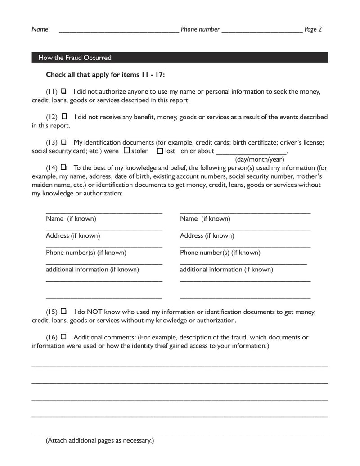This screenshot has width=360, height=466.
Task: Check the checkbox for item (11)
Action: (x=63, y=91)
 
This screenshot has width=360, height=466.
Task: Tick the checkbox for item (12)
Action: (x=64, y=117)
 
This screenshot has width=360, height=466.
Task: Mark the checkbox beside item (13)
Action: (x=63, y=142)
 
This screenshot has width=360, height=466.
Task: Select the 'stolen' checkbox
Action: (x=126, y=150)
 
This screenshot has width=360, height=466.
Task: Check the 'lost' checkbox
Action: (x=160, y=150)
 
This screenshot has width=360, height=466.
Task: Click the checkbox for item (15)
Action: (x=63, y=311)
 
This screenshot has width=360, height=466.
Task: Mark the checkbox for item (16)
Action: (x=63, y=336)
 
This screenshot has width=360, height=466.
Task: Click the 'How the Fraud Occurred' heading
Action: (x=75, y=58)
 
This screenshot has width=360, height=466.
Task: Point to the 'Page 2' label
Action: (x=313, y=29)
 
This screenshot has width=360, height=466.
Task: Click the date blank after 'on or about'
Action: (x=251, y=152)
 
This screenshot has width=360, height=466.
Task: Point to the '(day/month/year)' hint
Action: (x=260, y=159)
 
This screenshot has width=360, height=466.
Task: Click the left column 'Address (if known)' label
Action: (x=73, y=235)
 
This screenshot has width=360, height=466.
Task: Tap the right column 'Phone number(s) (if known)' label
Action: (x=220, y=253)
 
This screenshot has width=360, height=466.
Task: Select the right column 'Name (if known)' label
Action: (x=205, y=219)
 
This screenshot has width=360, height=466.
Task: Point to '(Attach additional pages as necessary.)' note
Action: (x=100, y=441)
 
